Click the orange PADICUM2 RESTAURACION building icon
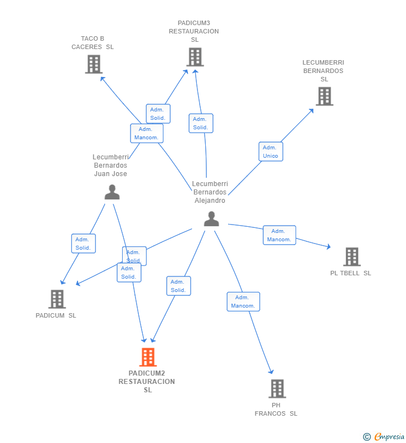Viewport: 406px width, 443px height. click(148, 357)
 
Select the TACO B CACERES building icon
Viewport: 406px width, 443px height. click(94, 65)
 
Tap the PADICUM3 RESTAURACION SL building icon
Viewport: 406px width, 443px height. click(195, 57)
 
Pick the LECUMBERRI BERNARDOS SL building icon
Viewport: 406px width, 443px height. click(325, 96)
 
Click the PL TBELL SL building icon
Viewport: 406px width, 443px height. click(352, 257)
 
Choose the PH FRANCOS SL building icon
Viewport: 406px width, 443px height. click(277, 389)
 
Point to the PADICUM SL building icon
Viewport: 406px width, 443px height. click(57, 299)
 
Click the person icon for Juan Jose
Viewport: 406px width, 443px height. click(112, 192)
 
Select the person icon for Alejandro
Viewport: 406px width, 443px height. click(211, 218)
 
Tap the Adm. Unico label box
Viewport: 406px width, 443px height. click(271, 152)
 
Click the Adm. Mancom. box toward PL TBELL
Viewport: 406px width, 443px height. click(279, 235)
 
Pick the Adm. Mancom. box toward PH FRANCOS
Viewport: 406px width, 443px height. click(243, 301)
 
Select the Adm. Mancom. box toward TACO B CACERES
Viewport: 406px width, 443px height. click(147, 133)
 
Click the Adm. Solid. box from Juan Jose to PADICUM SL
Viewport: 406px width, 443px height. click(84, 244)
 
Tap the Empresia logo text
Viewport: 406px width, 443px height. click(389, 436)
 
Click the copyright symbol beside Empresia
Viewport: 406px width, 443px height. click(367, 437)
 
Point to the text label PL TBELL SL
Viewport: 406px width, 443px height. click(351, 273)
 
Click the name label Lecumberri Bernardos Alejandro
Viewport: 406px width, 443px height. click(210, 192)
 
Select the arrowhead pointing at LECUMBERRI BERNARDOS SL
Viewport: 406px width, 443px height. click(312, 110)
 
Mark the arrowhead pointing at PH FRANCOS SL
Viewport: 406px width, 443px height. click(271, 372)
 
